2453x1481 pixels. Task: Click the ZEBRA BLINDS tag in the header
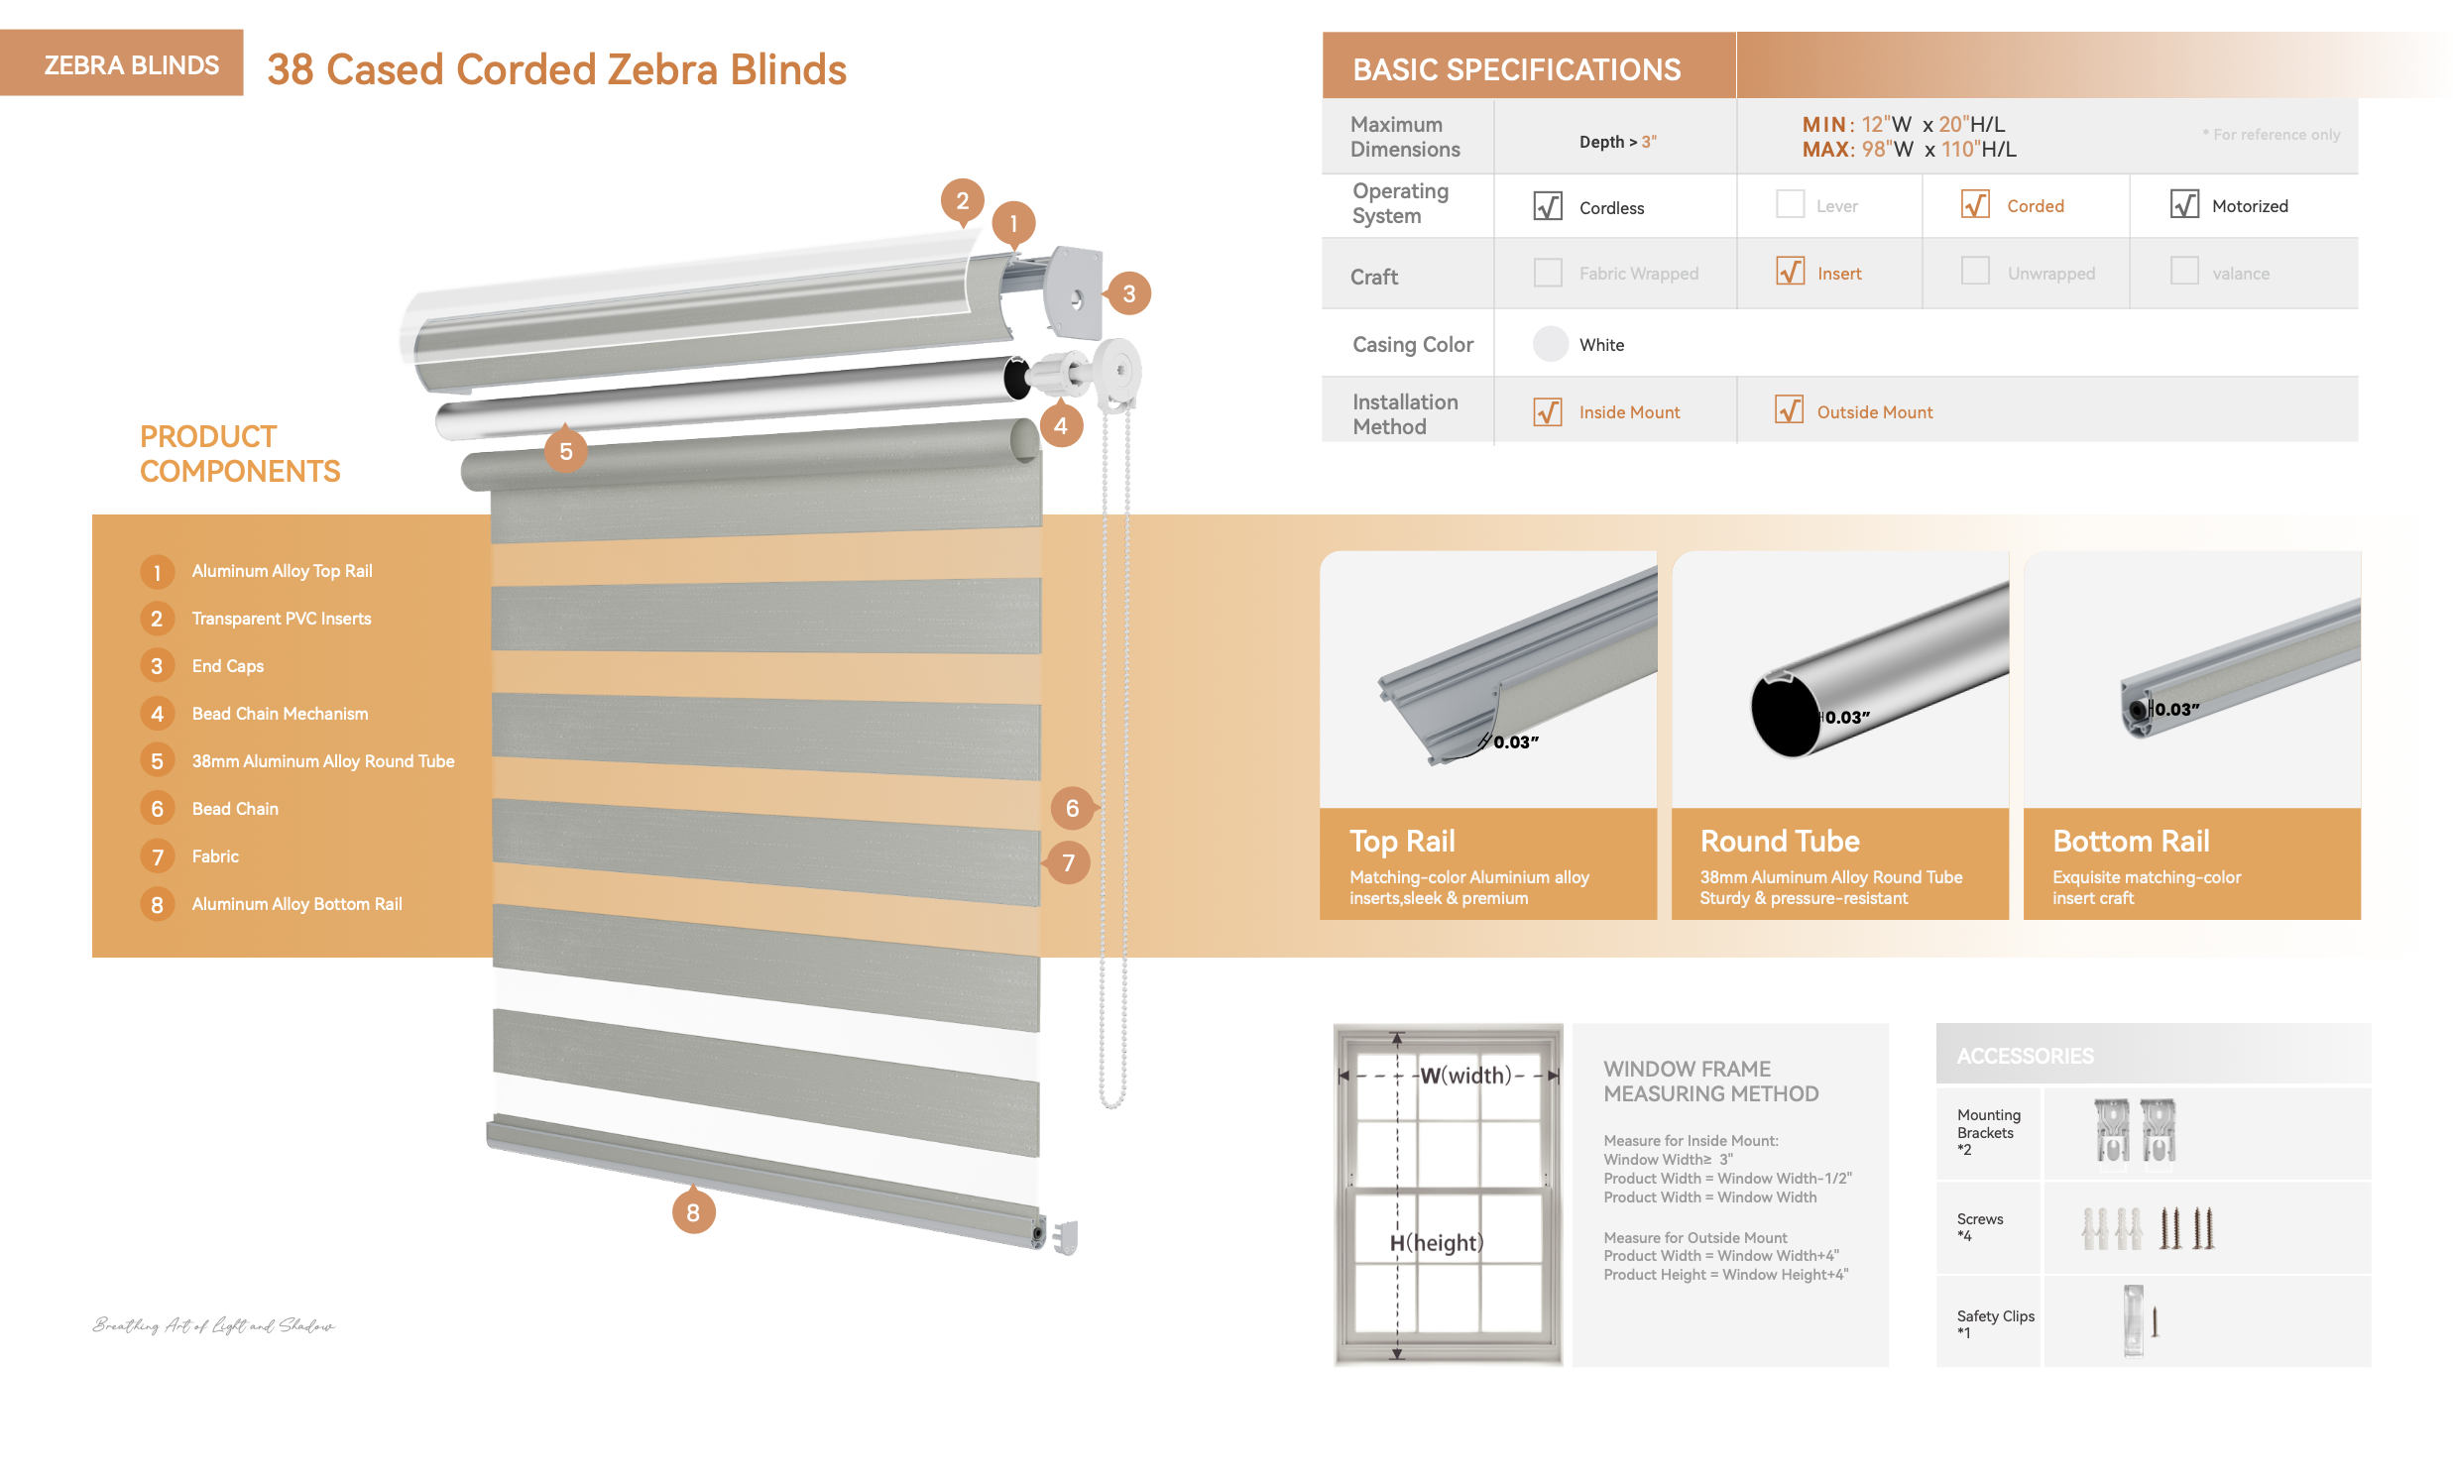pos(131,64)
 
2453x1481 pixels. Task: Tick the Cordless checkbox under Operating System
pos(1547,206)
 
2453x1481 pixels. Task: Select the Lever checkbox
pos(1789,204)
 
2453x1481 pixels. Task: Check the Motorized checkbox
pos(2183,204)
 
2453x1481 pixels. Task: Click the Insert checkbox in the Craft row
pos(1789,271)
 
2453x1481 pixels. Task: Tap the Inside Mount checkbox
pos(1547,411)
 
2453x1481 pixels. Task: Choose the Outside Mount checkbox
pos(1788,409)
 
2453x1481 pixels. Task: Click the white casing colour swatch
pos(1550,344)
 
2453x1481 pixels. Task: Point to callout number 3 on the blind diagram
pos(1128,293)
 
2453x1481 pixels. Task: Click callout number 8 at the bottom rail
pos(693,1212)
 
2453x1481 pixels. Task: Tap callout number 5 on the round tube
pos(565,451)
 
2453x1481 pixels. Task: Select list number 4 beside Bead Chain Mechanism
pos(157,714)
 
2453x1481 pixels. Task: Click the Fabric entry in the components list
pos(215,855)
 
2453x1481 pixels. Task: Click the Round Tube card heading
pos(1779,841)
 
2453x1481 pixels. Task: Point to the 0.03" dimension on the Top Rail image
pos(1515,741)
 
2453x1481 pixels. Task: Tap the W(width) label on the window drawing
pos(1464,1075)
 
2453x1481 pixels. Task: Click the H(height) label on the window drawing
pos(1436,1242)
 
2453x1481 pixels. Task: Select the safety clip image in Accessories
pos(2134,1319)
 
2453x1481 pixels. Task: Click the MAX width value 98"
pos(1875,150)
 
